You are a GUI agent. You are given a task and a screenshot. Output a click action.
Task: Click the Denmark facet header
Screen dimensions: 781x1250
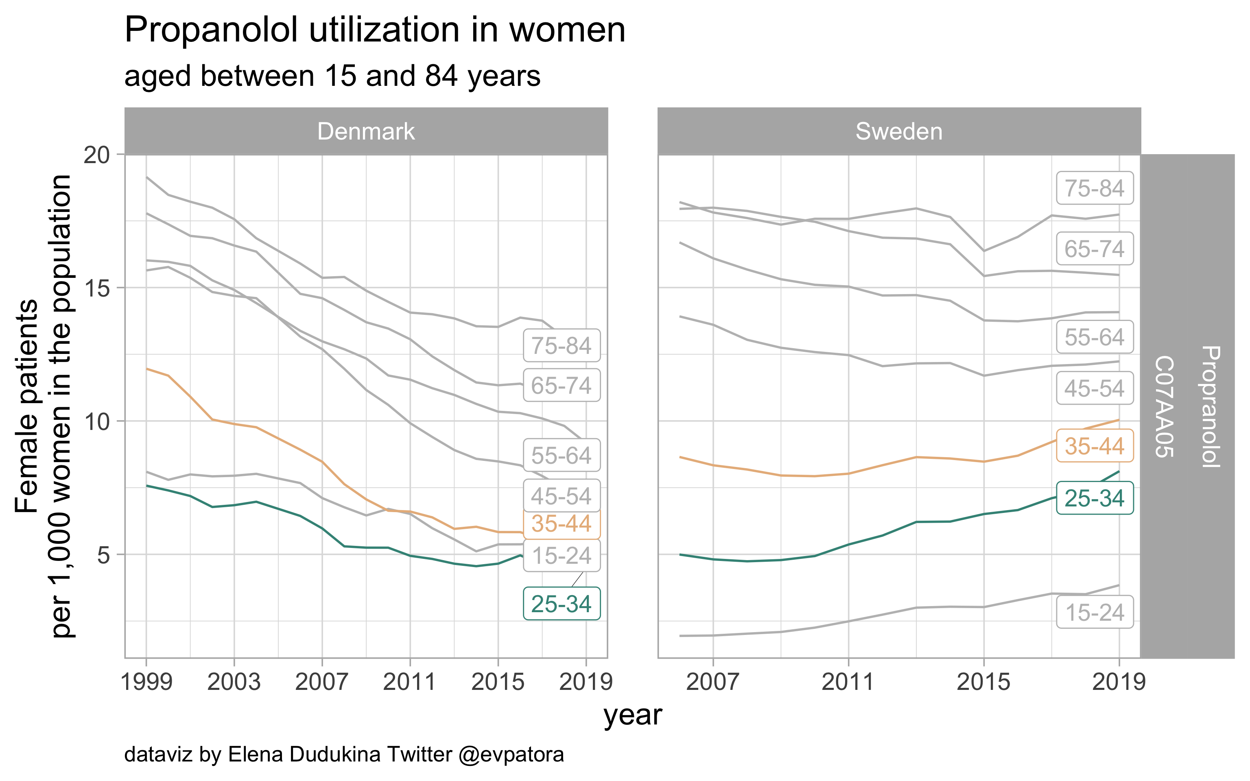click(366, 131)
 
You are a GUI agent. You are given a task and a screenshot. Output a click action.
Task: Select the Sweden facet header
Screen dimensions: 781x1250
click(899, 131)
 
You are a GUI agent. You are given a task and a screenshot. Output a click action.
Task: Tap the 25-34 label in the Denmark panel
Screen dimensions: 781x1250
click(562, 604)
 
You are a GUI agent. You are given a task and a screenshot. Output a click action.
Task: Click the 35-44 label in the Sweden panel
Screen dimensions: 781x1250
click(1095, 446)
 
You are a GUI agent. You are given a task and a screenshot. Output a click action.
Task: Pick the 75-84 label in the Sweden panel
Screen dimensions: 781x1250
click(1095, 188)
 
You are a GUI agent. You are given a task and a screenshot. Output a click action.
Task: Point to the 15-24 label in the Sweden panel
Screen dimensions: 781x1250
click(1095, 612)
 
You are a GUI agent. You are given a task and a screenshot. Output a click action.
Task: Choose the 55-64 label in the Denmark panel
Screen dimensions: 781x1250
click(562, 455)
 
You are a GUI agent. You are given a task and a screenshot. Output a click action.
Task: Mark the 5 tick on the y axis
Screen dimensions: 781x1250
click(103, 555)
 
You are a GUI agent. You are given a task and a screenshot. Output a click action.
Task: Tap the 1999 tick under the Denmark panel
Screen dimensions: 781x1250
click(146, 682)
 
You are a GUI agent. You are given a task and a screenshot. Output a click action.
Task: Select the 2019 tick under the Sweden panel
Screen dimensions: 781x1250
click(1119, 682)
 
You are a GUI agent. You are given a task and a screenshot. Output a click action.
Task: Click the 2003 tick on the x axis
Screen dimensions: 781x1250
click(234, 682)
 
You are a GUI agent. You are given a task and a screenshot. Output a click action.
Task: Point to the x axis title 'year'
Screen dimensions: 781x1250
click(633, 716)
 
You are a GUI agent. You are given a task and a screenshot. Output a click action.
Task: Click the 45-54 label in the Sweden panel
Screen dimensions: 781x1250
click(1095, 388)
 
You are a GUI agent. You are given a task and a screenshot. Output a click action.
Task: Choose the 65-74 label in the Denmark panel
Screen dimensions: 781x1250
click(562, 385)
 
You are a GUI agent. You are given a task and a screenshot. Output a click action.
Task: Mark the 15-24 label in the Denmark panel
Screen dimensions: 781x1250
click(562, 556)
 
